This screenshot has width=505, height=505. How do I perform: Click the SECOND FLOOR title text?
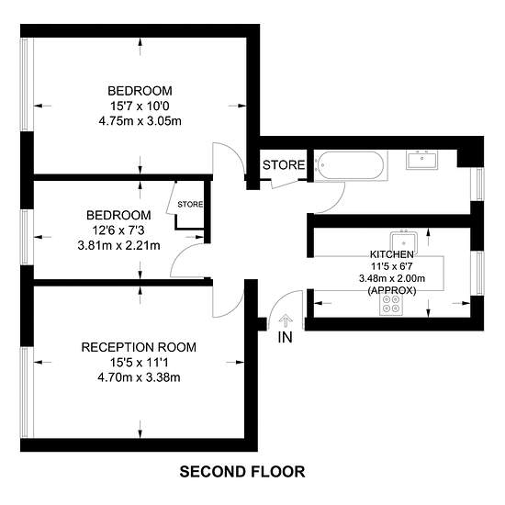[242, 472]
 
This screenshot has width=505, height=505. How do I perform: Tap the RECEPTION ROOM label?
[139, 347]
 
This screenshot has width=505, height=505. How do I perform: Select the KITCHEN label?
[392, 254]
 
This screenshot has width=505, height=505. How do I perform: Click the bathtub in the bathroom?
[351, 165]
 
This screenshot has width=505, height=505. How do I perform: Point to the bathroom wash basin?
[422, 160]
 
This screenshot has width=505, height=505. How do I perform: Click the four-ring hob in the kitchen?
[391, 304]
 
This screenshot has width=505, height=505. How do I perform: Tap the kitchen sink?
[404, 242]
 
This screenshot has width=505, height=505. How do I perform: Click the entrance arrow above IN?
[286, 321]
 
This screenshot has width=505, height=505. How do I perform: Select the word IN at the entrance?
[285, 337]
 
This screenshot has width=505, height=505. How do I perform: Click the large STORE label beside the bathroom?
[284, 165]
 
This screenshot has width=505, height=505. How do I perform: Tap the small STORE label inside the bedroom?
[190, 204]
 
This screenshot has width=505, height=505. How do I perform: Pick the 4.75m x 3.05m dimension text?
[140, 121]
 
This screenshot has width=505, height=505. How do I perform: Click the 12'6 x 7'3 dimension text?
[118, 230]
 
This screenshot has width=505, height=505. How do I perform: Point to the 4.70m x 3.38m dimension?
[139, 377]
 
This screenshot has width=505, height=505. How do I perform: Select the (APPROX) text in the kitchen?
[392, 290]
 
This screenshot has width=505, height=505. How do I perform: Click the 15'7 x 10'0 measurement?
[140, 106]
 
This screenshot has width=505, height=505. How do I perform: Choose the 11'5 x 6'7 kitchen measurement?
[392, 266]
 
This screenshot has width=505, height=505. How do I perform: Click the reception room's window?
[27, 392]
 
